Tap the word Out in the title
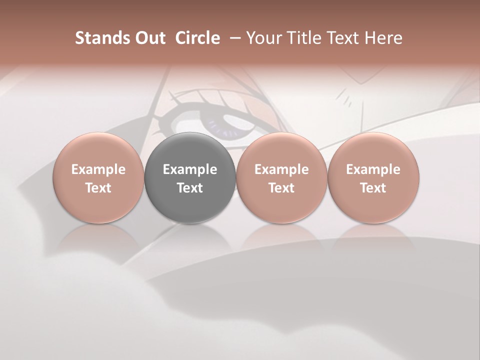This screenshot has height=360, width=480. pos(149,38)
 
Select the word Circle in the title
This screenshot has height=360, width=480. pos(197,38)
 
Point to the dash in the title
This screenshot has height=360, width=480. pos(233,38)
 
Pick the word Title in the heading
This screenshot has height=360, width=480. pos(302,38)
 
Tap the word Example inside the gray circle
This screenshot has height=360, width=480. pos(190,169)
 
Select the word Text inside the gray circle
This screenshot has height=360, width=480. pos(190,188)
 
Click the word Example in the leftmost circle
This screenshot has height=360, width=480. pos(98,169)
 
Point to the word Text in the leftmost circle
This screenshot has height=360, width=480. pos(98,188)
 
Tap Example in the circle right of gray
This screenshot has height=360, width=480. pos(281,169)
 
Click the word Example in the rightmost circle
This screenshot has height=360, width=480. pos(373,169)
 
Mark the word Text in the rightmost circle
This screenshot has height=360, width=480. pos(373,188)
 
